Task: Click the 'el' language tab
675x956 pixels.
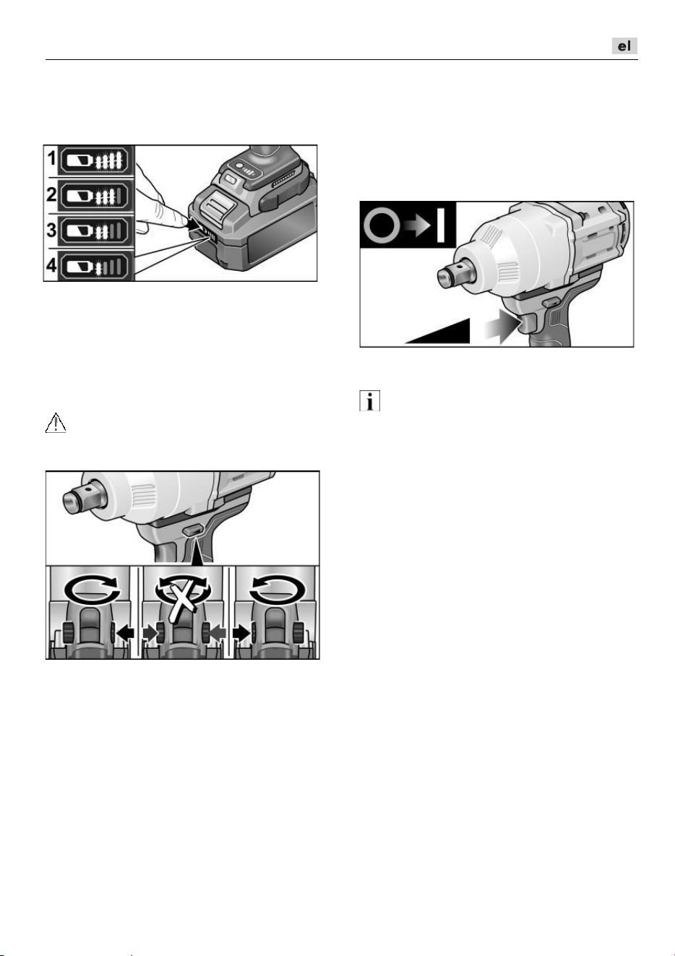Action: [x=624, y=46]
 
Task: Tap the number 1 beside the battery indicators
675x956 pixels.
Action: [x=51, y=159]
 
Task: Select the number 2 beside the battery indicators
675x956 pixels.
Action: [x=51, y=194]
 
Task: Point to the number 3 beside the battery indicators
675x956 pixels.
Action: [x=51, y=230]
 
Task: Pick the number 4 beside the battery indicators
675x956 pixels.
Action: [x=51, y=265]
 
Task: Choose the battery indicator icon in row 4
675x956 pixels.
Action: [x=95, y=267]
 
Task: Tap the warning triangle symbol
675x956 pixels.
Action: [x=56, y=423]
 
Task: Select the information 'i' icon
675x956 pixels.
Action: [x=370, y=401]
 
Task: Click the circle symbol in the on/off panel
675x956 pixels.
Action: [x=382, y=225]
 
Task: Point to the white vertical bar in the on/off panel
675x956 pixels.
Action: [x=441, y=225]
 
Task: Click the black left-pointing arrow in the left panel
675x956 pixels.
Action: [x=126, y=633]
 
